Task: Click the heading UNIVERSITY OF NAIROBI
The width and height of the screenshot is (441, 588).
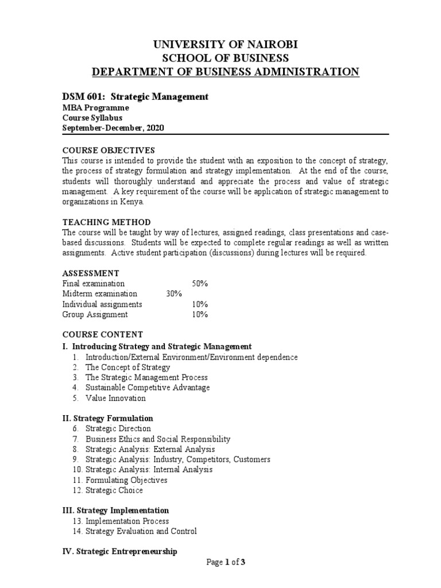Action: (225, 45)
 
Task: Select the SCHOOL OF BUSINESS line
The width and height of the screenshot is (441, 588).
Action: (225, 58)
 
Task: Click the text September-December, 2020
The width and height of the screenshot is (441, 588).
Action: (113, 128)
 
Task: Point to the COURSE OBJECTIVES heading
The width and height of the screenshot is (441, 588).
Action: (109, 149)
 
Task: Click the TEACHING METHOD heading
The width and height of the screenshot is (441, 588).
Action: (106, 222)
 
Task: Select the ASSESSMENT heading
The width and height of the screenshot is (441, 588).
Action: (91, 273)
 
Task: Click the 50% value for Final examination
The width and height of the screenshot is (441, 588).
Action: (199, 284)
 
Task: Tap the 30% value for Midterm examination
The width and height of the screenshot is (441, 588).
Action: (173, 294)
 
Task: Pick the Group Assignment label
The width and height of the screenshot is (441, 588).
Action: (95, 315)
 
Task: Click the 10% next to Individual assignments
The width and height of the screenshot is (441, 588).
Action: (199, 304)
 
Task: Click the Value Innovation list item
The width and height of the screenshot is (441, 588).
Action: (115, 398)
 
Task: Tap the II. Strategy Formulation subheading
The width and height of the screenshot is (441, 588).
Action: (107, 419)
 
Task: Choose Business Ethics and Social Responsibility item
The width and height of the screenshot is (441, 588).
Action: (157, 439)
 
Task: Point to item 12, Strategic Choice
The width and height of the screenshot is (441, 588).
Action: (114, 490)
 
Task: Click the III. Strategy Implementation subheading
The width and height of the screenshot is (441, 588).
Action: (115, 510)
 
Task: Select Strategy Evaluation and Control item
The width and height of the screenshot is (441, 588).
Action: (141, 531)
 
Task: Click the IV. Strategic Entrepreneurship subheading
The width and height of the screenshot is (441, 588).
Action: (119, 551)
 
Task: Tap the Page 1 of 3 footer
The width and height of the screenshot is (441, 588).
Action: (226, 562)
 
